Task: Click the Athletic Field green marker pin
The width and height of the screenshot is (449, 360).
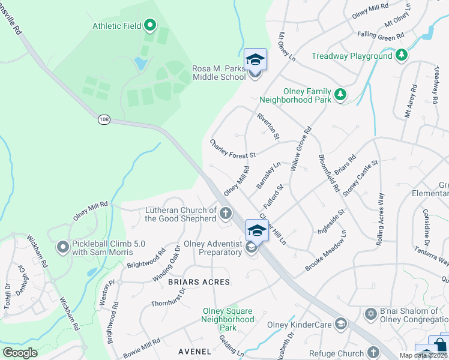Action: (x=150, y=25)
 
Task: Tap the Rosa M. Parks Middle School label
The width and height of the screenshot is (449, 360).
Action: (x=219, y=73)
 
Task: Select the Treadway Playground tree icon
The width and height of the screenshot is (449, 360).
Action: (x=402, y=56)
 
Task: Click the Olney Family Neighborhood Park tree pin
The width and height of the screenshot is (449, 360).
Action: (x=340, y=94)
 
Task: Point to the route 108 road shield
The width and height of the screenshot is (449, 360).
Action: (x=104, y=119)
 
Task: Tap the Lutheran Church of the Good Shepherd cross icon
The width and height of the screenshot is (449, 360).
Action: (x=226, y=213)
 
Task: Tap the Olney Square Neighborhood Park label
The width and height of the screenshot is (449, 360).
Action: (x=228, y=319)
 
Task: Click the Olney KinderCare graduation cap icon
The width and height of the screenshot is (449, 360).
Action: (x=341, y=324)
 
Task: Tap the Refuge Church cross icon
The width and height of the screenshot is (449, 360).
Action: (x=373, y=353)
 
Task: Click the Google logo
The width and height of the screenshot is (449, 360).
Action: (x=20, y=353)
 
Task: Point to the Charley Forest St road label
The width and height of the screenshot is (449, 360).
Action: (x=233, y=149)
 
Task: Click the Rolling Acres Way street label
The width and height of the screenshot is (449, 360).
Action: (x=379, y=219)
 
